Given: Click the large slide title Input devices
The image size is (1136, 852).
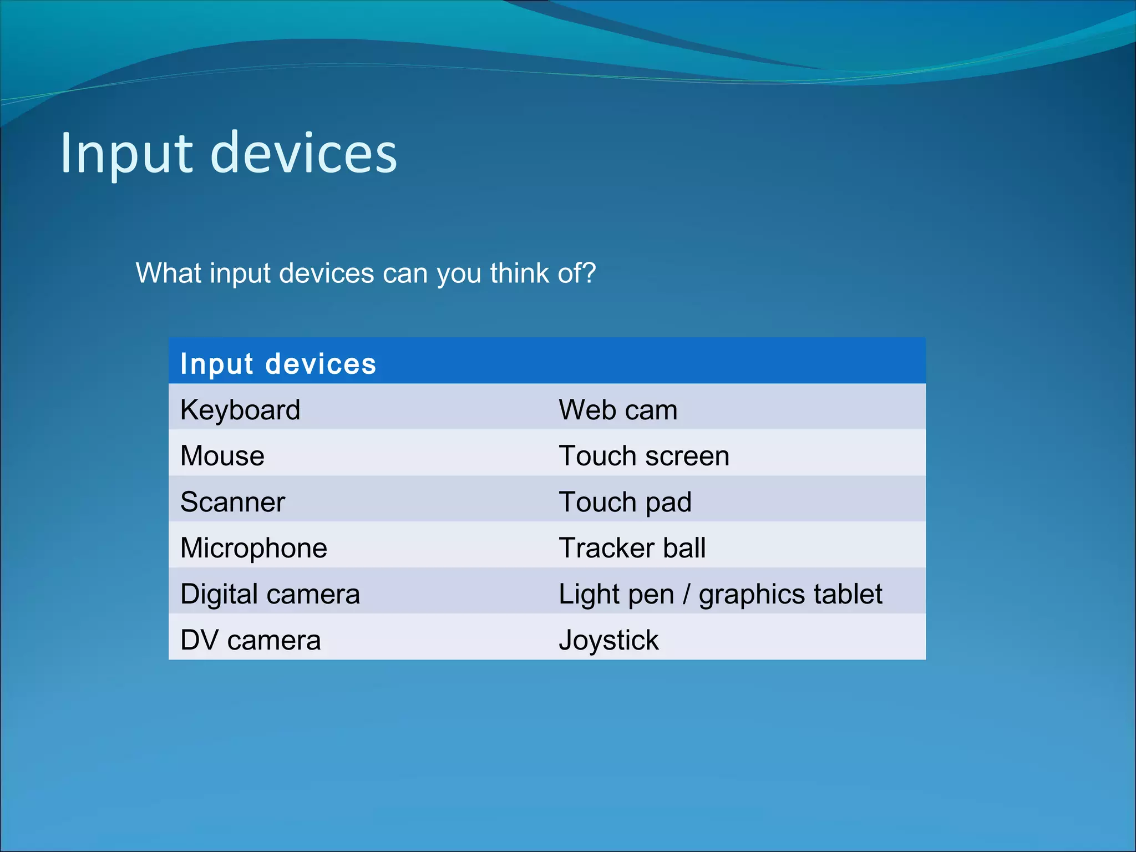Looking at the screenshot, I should (229, 153).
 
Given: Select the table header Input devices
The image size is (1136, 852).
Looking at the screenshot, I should (278, 364).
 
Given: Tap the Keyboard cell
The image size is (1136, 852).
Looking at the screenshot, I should (240, 410).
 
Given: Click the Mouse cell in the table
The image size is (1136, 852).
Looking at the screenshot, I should (222, 456).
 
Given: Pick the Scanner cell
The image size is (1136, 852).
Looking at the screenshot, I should (232, 502).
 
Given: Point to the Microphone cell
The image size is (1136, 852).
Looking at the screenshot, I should (253, 548).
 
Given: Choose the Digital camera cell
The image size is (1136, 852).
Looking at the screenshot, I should (270, 594).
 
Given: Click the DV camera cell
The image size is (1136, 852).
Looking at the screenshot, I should (250, 640).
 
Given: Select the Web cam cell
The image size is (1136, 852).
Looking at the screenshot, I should (618, 410).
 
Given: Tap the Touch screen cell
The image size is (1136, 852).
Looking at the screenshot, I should (643, 456).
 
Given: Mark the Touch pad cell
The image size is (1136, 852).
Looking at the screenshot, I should (625, 502).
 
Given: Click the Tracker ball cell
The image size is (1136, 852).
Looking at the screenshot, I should (632, 548).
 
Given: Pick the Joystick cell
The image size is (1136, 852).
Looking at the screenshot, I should (608, 640).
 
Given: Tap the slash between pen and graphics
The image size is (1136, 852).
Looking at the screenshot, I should (687, 595).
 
